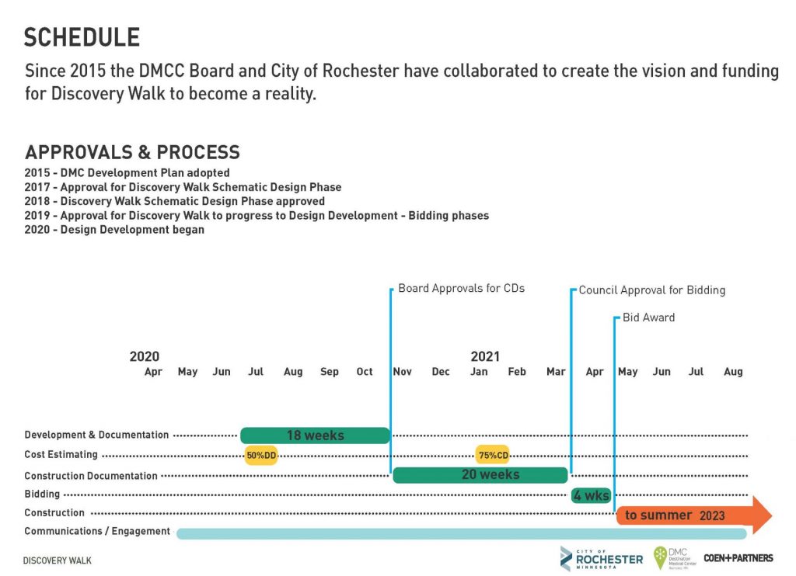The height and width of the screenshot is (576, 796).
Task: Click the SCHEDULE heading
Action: [x=82, y=36]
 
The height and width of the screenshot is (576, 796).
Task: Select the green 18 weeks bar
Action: [x=315, y=435]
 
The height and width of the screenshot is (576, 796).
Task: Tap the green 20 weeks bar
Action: [x=480, y=474]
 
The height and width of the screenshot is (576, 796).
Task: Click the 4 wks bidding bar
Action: [x=591, y=495]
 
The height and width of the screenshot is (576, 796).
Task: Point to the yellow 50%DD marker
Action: [x=261, y=456]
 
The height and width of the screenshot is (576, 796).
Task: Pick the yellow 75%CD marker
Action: [x=492, y=456]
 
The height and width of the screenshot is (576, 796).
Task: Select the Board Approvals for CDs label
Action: [x=461, y=288]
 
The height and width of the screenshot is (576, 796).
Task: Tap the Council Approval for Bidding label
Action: [x=651, y=290]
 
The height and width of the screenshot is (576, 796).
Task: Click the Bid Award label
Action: [x=648, y=317]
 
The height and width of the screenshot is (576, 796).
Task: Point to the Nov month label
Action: [x=402, y=372]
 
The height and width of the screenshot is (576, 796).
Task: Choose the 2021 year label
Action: [x=485, y=356]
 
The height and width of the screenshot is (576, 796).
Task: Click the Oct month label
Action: [x=365, y=372]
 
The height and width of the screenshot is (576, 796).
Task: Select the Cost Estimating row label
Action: [x=61, y=455]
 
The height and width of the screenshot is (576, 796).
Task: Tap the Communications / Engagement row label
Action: [x=96, y=531]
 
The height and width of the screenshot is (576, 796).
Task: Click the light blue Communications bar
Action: [x=461, y=533]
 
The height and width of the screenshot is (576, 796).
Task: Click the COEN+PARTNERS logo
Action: [x=738, y=558]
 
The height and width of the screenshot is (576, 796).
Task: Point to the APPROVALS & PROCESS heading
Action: [x=132, y=152]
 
